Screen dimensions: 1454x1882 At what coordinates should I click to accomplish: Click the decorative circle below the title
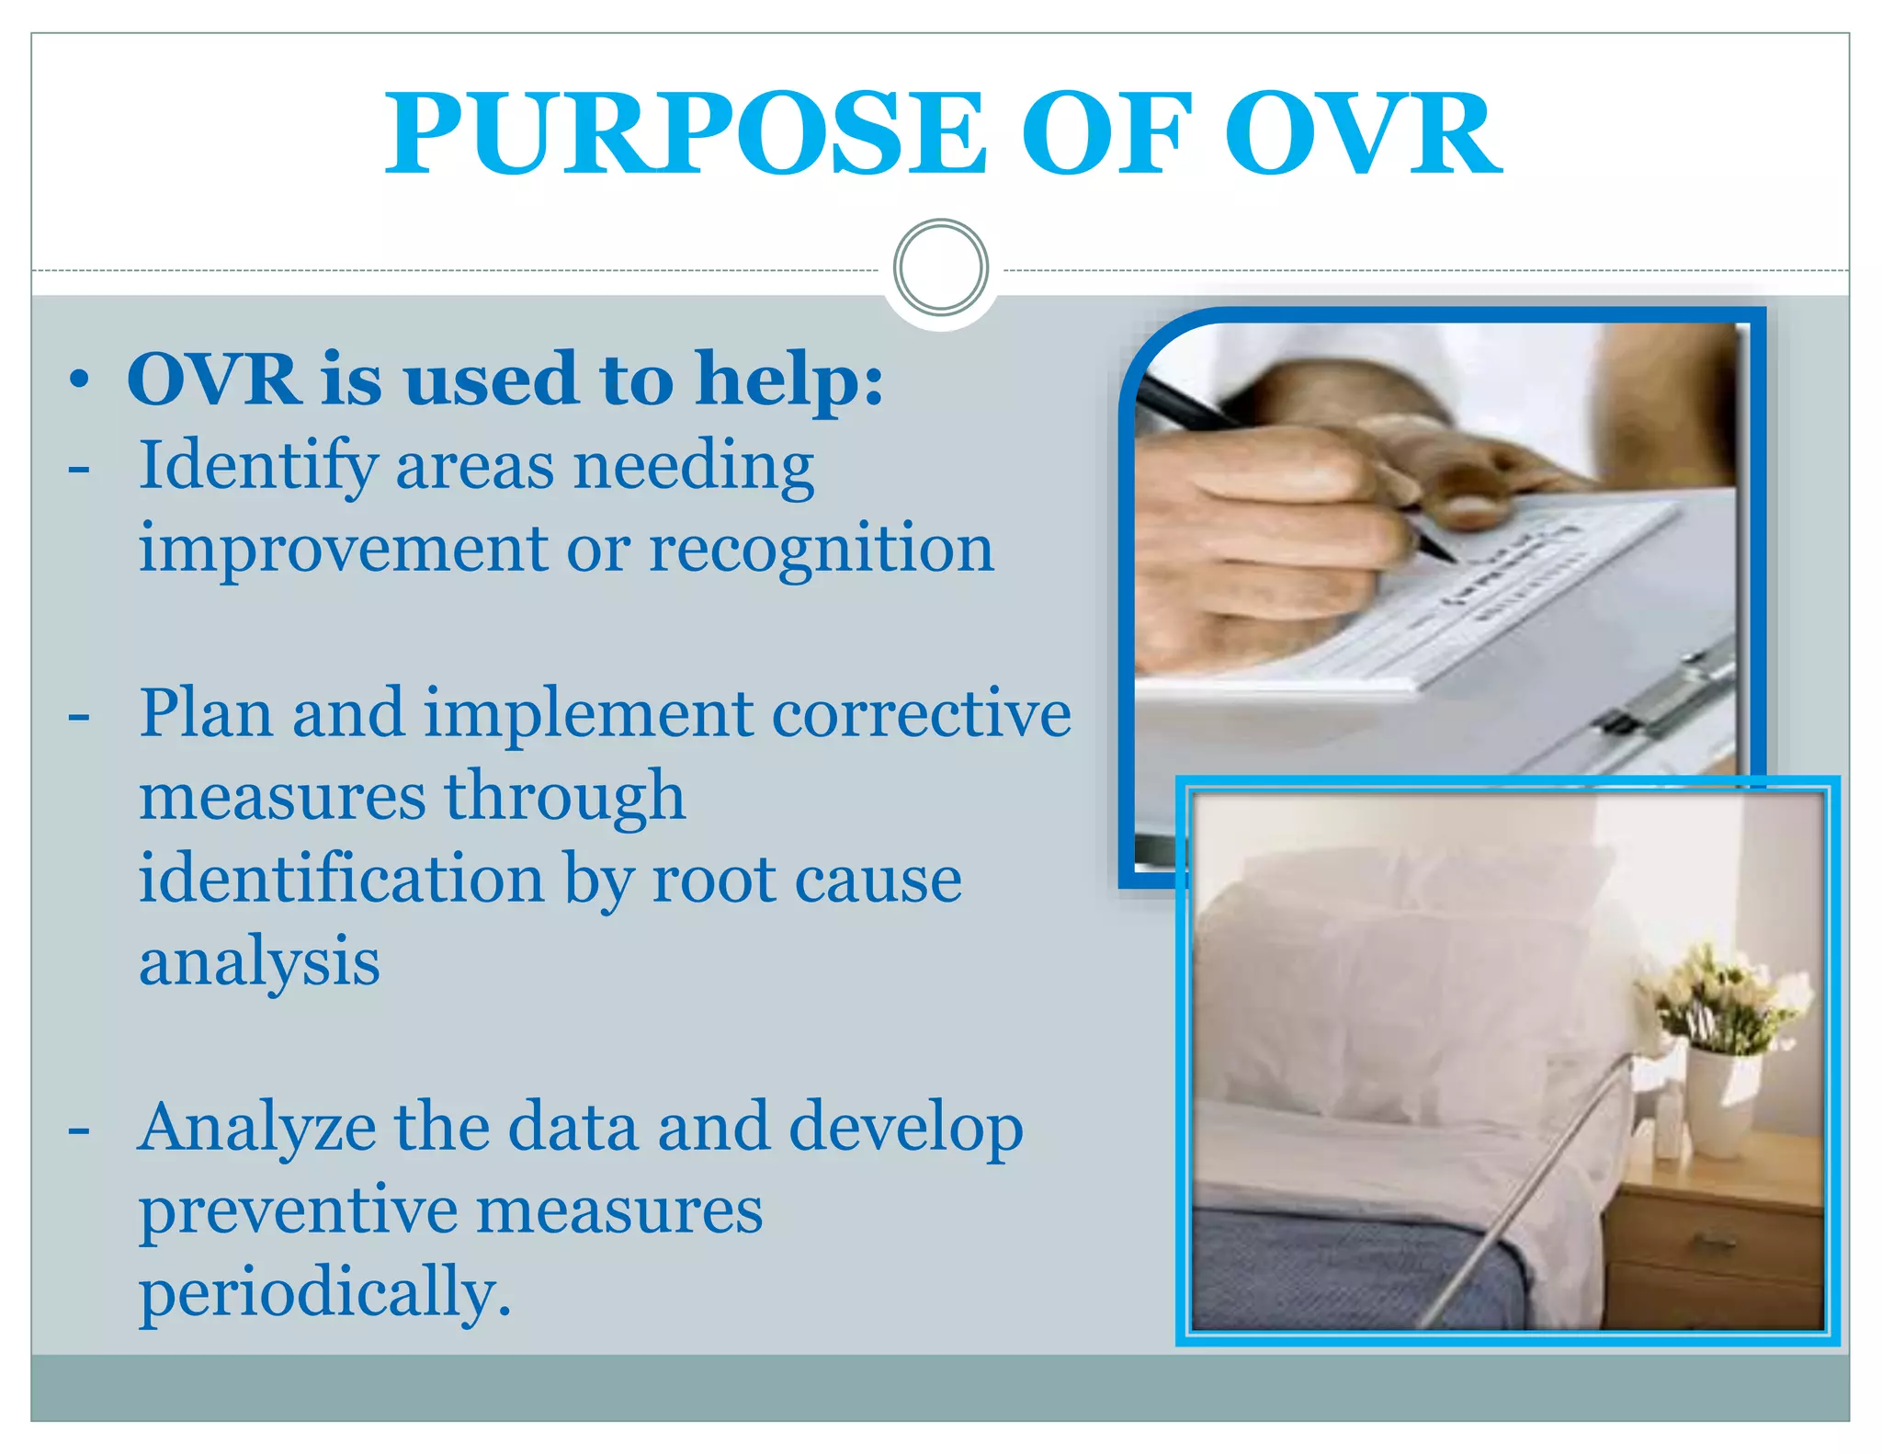coord(940,267)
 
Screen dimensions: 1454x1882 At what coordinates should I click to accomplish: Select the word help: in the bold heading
coord(789,379)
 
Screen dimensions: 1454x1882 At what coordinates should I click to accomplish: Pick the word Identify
coord(257,467)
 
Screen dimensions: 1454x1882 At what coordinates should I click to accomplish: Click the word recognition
coord(822,550)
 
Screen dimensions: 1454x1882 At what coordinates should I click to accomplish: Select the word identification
coord(341,879)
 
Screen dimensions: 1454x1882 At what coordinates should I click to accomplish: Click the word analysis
coord(259,962)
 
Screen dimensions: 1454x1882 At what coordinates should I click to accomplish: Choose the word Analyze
coord(256,1129)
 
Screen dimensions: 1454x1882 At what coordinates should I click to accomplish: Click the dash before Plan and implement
coord(79,716)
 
